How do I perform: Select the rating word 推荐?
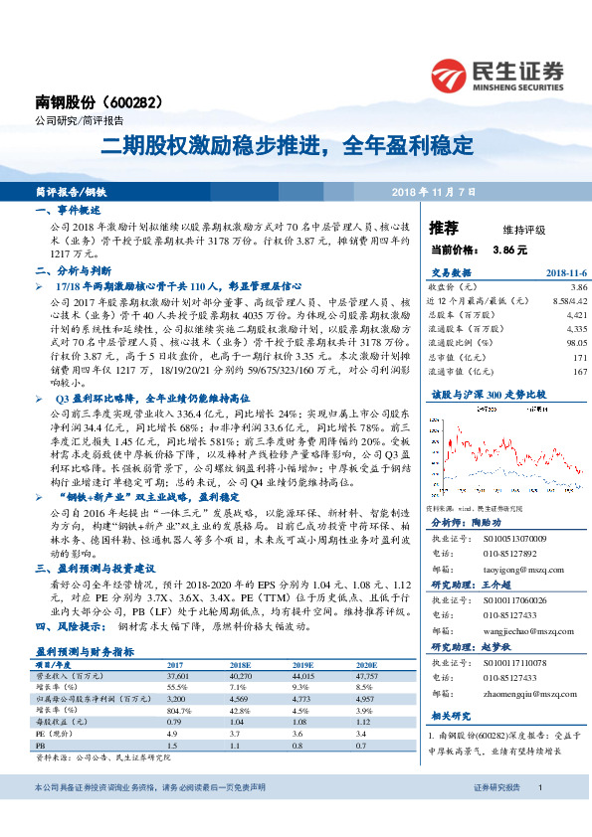pyautogui.click(x=444, y=228)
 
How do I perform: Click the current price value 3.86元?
pyautogui.click(x=508, y=251)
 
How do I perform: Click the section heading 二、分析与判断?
pyautogui.click(x=72, y=269)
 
